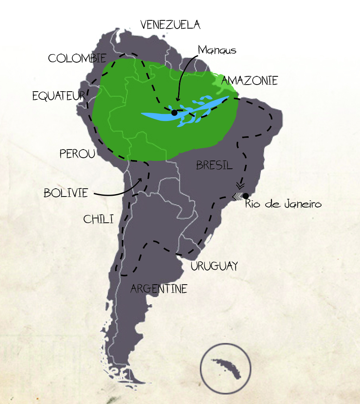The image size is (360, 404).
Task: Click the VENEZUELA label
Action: (170, 25)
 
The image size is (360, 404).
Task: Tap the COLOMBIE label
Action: (77, 58)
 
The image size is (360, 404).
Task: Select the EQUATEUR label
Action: (59, 96)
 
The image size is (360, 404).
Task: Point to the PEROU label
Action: (78, 154)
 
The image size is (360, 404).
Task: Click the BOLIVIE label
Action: (66, 193)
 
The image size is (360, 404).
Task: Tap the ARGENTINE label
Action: (159, 289)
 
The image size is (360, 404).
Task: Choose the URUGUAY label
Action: (214, 266)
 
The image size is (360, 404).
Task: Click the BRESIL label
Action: (214, 165)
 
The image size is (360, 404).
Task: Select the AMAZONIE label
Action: (250, 81)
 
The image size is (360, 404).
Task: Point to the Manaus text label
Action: (217, 50)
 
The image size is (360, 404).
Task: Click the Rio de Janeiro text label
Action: (283, 204)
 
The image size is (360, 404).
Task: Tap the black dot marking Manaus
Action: (174, 113)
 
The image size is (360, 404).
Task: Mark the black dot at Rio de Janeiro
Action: (246, 196)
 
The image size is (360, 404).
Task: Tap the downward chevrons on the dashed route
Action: (241, 185)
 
